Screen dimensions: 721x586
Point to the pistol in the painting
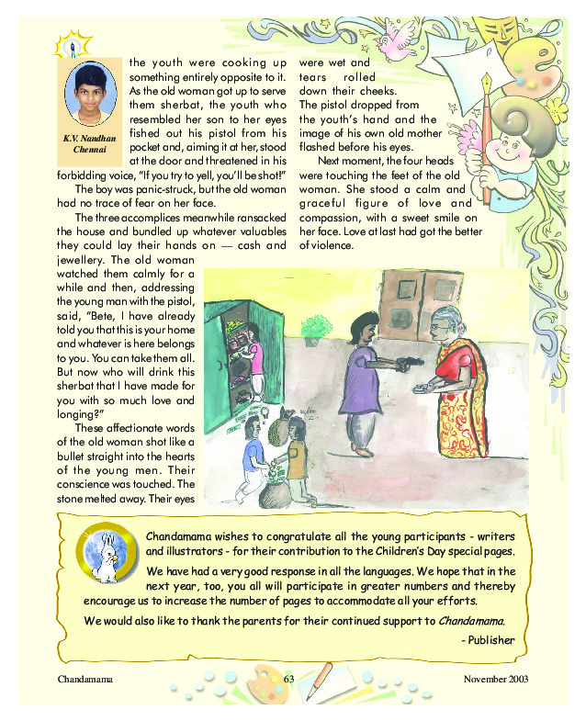coord(402,362)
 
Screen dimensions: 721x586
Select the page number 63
coord(290,679)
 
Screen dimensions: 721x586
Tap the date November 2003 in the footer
coord(497,679)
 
